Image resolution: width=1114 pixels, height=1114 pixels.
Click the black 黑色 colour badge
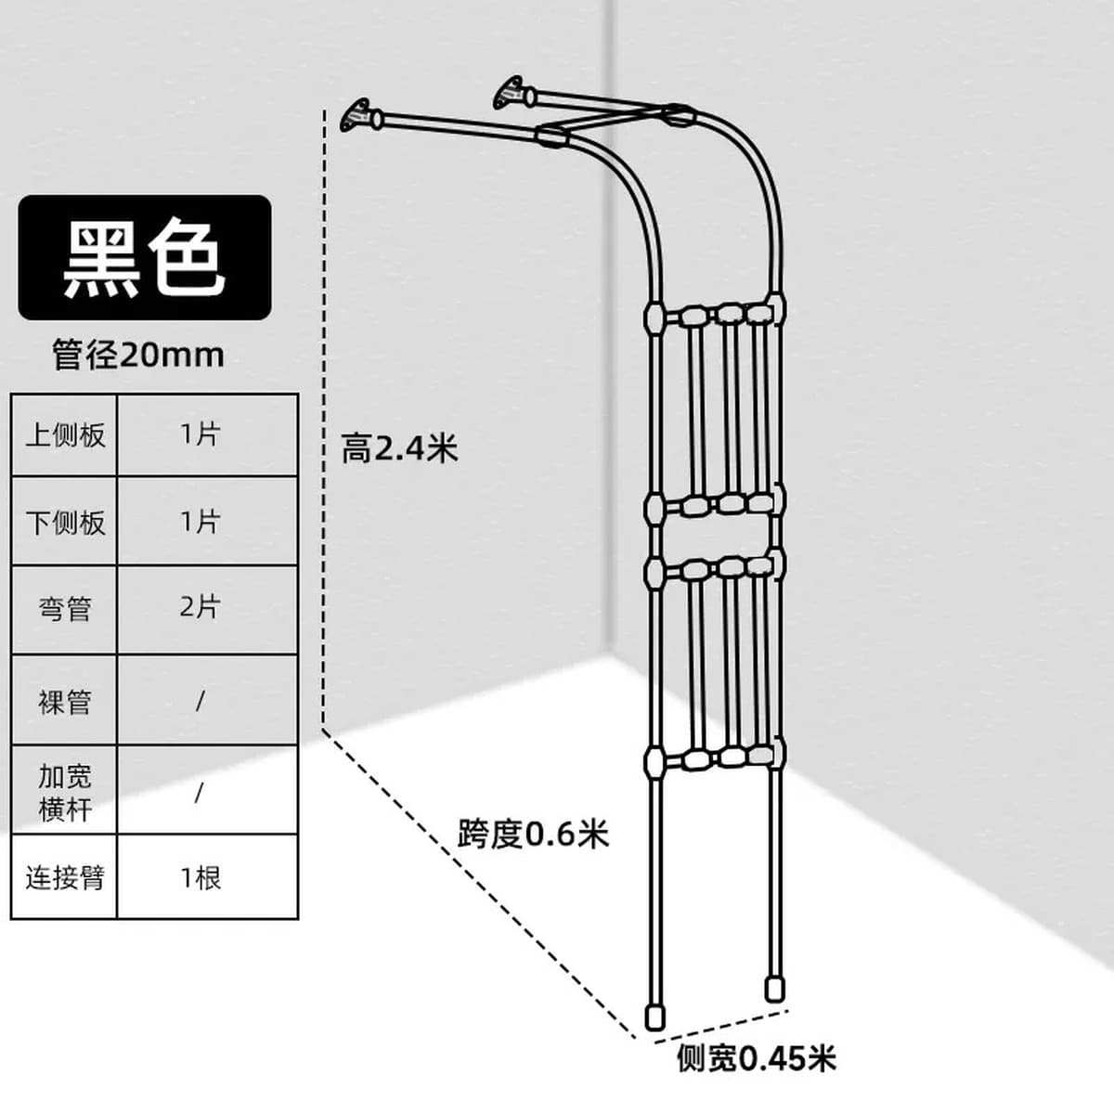(145, 257)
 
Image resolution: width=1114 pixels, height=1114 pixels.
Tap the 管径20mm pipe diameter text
(138, 355)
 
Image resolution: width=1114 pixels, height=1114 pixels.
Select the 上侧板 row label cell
(65, 435)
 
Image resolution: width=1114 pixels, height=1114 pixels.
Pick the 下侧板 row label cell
(65, 521)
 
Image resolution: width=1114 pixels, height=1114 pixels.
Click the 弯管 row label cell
(65, 609)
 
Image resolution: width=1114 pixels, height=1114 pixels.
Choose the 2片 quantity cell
(208, 609)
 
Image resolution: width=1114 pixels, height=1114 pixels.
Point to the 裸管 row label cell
(65, 700)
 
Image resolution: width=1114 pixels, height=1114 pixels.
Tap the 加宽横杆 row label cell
(65, 790)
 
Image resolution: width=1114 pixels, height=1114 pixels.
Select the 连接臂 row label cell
(65, 877)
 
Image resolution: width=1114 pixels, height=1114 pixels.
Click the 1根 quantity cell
(208, 877)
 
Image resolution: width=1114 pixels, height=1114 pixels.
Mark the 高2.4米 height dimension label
(399, 448)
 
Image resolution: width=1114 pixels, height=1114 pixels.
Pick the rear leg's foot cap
(774, 988)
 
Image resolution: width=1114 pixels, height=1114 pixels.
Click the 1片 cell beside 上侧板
(208, 435)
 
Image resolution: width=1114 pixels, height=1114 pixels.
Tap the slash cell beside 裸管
(208, 700)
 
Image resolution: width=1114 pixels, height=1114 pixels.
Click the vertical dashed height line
(324, 419)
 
